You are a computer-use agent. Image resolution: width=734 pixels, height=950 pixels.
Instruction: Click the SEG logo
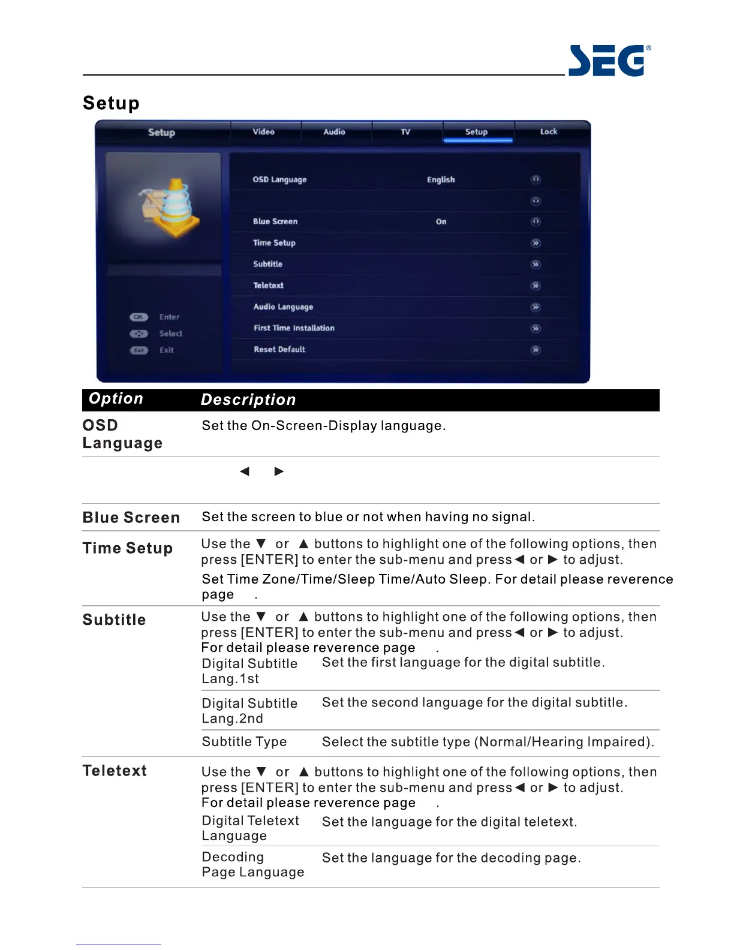click(x=609, y=61)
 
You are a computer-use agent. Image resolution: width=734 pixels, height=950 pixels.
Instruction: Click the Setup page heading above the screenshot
click(x=111, y=103)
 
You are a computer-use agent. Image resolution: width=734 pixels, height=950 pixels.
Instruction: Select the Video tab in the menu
click(x=263, y=132)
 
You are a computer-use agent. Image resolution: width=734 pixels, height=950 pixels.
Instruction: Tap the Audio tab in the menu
click(x=334, y=132)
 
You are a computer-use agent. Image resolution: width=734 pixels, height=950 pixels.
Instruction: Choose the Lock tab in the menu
click(x=548, y=132)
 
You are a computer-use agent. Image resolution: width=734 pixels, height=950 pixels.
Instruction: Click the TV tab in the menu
click(x=405, y=132)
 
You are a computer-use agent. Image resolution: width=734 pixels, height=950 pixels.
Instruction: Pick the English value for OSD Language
click(x=441, y=180)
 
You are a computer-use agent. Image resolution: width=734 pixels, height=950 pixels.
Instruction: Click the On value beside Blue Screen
click(x=441, y=222)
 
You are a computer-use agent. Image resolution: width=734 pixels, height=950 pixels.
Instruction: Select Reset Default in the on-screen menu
click(x=279, y=350)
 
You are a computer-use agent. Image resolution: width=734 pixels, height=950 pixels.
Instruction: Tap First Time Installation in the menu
click(x=294, y=328)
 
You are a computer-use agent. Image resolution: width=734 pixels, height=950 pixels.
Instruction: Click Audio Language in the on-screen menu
click(x=283, y=307)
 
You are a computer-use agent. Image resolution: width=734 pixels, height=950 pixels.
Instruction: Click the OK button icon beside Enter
click(x=139, y=317)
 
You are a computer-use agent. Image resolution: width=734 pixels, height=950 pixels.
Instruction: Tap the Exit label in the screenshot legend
click(x=167, y=350)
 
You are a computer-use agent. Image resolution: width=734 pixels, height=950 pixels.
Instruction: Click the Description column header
click(x=248, y=400)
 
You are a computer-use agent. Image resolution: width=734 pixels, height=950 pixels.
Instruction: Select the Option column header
click(x=116, y=399)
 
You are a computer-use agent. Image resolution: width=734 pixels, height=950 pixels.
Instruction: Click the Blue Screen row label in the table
click(x=131, y=518)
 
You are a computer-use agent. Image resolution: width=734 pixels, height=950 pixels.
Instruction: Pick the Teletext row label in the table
click(x=115, y=771)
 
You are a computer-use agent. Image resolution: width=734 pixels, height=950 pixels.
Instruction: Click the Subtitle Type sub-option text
click(x=244, y=742)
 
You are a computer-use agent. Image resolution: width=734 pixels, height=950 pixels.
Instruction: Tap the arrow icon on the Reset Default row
click(x=536, y=350)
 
